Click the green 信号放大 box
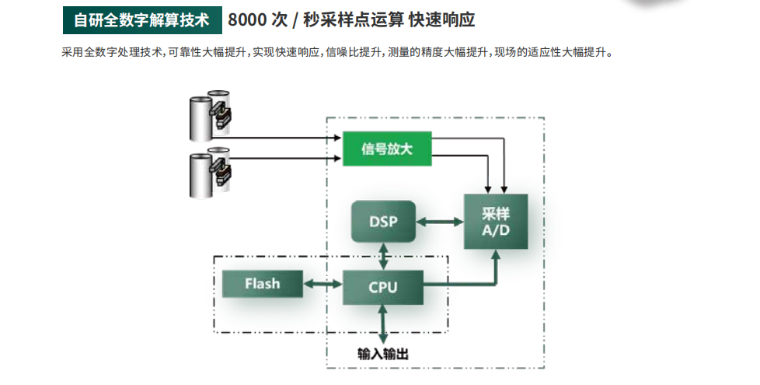click(386, 149)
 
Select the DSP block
click(383, 221)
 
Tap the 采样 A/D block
click(495, 222)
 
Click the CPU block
click(382, 287)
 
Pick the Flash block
click(262, 284)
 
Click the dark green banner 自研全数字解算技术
click(141, 20)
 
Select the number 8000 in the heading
click(248, 20)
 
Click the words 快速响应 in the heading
click(441, 20)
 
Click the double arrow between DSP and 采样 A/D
click(440, 222)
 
